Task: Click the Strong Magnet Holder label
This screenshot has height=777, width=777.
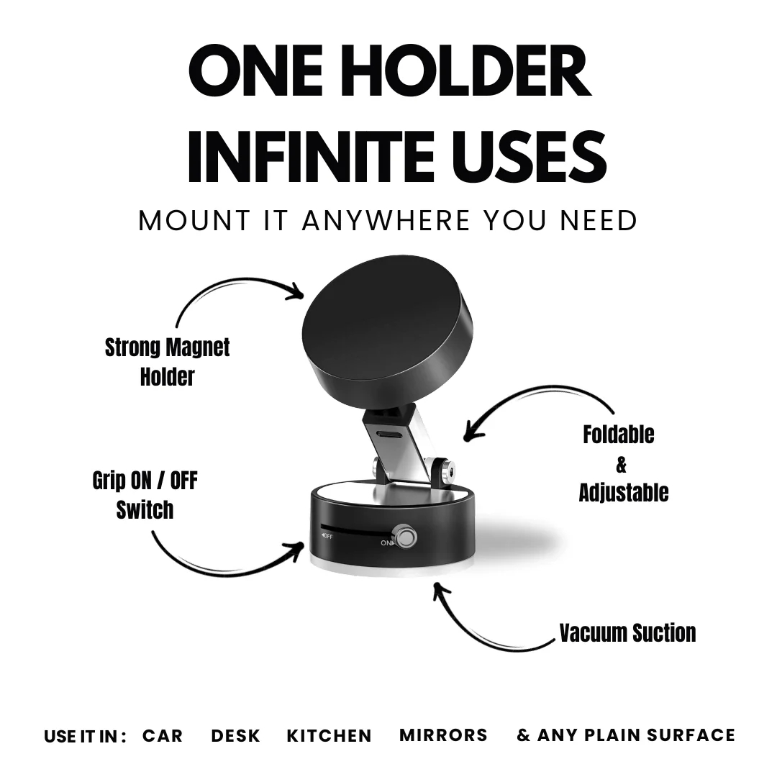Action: pyautogui.click(x=167, y=361)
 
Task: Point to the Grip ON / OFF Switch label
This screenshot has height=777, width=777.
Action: pyautogui.click(x=145, y=495)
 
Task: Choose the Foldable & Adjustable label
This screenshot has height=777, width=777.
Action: pyautogui.click(x=623, y=463)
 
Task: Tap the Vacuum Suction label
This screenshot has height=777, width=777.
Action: pyautogui.click(x=627, y=633)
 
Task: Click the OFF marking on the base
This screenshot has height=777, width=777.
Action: pyautogui.click(x=327, y=536)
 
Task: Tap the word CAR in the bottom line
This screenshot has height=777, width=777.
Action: pyautogui.click(x=163, y=736)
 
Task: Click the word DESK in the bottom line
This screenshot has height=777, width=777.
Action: pyautogui.click(x=235, y=736)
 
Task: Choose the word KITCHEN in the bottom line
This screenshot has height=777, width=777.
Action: pyautogui.click(x=329, y=736)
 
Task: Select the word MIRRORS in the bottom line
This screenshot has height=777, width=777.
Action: pyautogui.click(x=443, y=735)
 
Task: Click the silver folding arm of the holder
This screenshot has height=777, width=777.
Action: pyautogui.click(x=399, y=453)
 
